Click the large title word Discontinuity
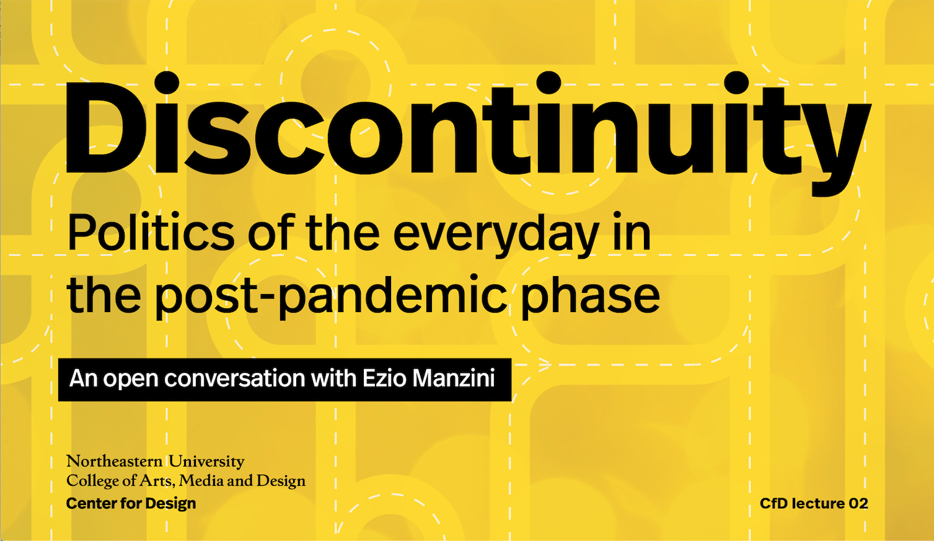point(468,133)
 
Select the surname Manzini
point(453,378)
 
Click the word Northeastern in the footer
point(114,461)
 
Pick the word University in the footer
point(206,462)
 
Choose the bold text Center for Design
point(131,503)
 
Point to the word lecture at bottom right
point(816,503)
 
